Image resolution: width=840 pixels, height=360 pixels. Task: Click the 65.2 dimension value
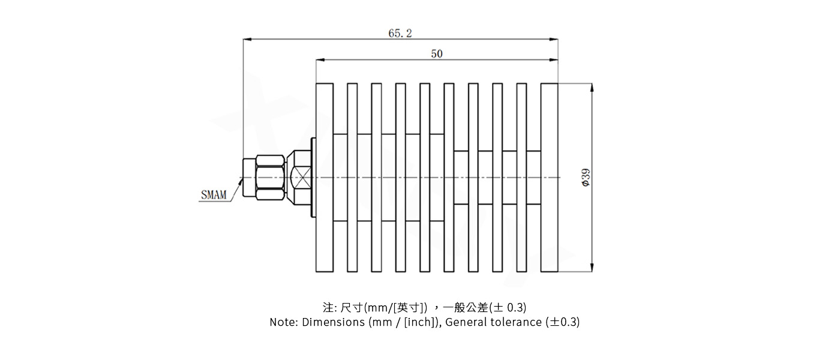pyautogui.click(x=400, y=34)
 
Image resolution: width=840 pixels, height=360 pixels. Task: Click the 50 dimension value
pyautogui.click(x=437, y=54)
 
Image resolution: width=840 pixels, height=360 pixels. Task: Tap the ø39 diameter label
pyautogui.click(x=586, y=178)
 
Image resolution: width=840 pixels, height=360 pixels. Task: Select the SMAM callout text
pyautogui.click(x=214, y=195)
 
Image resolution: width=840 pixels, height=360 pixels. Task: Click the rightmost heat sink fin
pyautogui.click(x=549, y=178)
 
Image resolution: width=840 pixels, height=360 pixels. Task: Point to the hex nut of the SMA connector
pyautogui.click(x=269, y=177)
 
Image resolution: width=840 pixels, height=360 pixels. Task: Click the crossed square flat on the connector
pyautogui.click(x=299, y=178)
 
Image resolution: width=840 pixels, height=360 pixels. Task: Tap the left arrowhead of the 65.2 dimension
pyautogui.click(x=247, y=40)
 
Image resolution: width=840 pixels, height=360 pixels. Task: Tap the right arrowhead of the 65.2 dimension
pyautogui.click(x=554, y=40)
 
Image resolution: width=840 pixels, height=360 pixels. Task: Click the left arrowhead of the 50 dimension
pyautogui.click(x=320, y=60)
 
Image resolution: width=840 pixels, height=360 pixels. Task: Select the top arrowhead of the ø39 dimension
pyautogui.click(x=592, y=88)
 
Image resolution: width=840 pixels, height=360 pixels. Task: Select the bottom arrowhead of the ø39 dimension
pyautogui.click(x=592, y=268)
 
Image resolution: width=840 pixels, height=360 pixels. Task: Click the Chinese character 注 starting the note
pyautogui.click(x=328, y=308)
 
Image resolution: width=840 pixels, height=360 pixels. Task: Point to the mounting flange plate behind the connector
pyautogui.click(x=313, y=178)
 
